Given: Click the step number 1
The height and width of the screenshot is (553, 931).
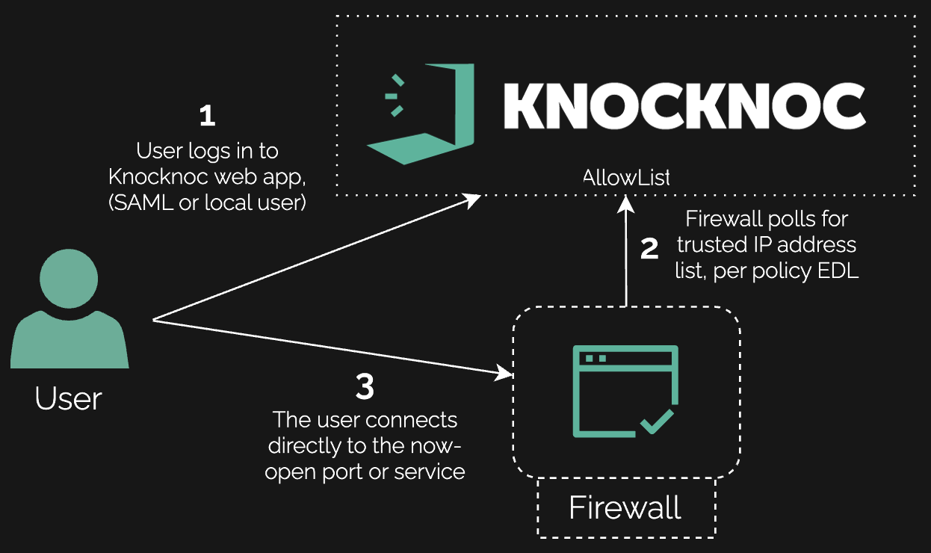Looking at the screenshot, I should coord(207,116).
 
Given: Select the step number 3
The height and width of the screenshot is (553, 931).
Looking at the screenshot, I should coord(365,387).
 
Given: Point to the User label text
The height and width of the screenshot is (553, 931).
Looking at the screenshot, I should coord(68,398).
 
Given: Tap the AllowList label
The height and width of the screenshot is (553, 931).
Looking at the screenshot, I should coord(626,178).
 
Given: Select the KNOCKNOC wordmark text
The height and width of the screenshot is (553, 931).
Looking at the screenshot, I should coord(684,105).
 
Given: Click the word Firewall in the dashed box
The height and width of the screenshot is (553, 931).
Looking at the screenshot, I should coord(625,508).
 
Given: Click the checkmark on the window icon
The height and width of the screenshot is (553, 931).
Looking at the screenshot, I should coord(657,422).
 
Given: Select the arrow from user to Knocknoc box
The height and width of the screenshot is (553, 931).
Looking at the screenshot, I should coord(314,258).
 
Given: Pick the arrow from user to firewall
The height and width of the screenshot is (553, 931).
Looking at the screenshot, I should coord(329,346).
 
